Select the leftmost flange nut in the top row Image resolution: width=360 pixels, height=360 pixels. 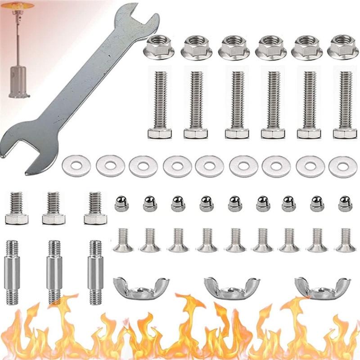(x=159, y=47)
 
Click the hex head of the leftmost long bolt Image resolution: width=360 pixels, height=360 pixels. (x=160, y=133)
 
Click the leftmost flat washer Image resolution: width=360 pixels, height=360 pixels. (x=76, y=166)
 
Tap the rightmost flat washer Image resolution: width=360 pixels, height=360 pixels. (x=343, y=166)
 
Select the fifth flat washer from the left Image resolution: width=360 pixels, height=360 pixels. (x=209, y=166)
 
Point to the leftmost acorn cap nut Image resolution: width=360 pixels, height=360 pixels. (x=121, y=203)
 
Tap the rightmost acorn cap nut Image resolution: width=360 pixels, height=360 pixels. (x=345, y=203)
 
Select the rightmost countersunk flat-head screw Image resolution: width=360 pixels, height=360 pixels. (x=346, y=241)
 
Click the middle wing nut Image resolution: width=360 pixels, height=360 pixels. (x=232, y=288)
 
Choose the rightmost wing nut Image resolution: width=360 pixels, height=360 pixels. (x=323, y=288)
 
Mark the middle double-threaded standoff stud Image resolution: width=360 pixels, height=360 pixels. (x=54, y=272)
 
